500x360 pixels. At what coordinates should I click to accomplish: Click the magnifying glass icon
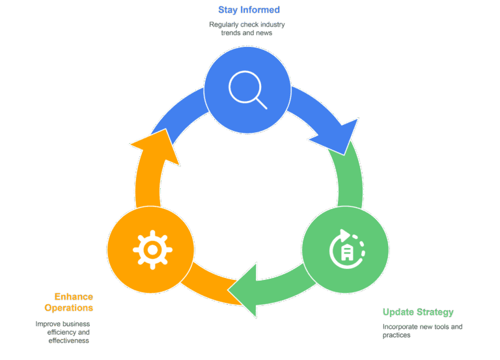247,90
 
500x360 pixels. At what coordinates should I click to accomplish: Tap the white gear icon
152,250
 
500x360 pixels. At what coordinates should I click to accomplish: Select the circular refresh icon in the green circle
347,249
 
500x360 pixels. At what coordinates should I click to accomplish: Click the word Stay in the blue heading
228,10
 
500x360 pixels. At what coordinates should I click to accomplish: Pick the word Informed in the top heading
260,10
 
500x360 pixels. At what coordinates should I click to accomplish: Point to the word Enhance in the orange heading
74,297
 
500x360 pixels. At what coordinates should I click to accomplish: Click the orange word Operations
69,308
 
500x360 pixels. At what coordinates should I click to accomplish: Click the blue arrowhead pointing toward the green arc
339,136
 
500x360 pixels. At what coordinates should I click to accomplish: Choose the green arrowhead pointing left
243,290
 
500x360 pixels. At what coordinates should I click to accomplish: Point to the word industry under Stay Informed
272,25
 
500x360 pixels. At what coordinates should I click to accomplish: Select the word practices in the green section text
396,335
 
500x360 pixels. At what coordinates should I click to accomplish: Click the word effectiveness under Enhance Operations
68,340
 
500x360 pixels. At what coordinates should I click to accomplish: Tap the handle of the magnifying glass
261,104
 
